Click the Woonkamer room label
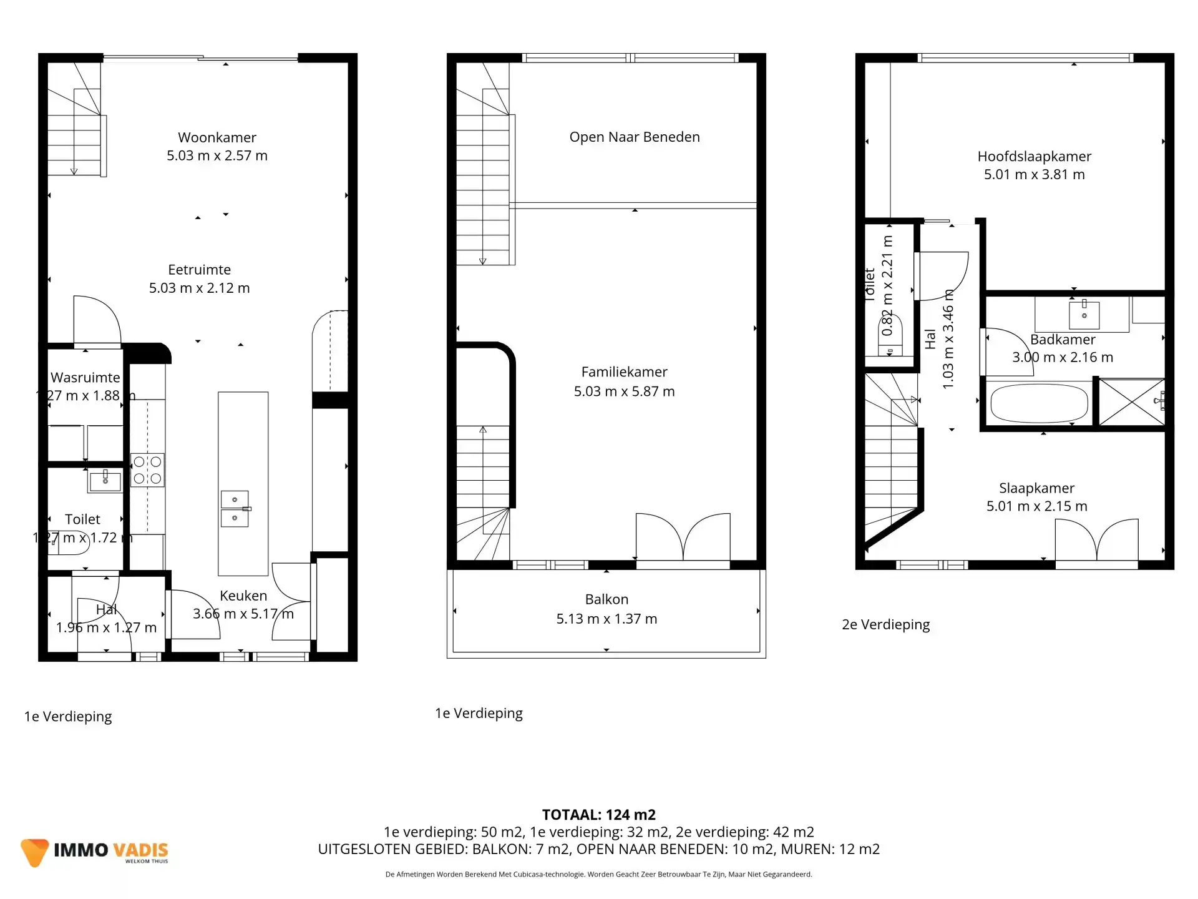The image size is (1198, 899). [x=217, y=137]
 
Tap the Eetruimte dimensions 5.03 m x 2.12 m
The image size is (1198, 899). [x=199, y=288]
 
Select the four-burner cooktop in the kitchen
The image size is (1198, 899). [x=147, y=470]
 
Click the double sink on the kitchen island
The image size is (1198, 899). [x=235, y=509]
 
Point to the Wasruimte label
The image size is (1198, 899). [x=85, y=378]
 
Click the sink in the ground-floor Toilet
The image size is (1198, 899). [x=105, y=481]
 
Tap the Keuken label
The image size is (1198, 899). [x=243, y=596]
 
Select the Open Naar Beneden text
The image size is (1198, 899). [x=634, y=137]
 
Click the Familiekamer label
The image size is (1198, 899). [x=624, y=372]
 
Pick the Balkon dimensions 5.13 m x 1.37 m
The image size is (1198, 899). [x=606, y=619]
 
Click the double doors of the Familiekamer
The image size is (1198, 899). [x=683, y=538]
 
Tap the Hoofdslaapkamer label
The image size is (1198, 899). [x=1034, y=157]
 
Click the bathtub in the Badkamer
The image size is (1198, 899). [x=1039, y=403]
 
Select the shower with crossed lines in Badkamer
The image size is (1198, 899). [x=1131, y=403]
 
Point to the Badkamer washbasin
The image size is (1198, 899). [x=1084, y=315]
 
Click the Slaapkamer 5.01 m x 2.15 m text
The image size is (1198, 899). [x=1036, y=506]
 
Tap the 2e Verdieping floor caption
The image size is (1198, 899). [x=885, y=624]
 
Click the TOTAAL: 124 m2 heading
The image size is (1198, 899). [x=598, y=815]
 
